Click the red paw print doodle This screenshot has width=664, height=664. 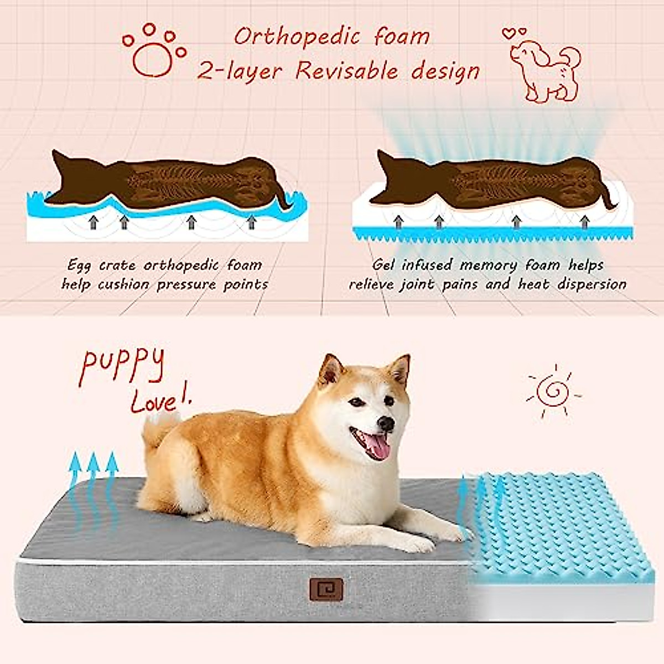154,51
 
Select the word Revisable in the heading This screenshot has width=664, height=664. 346,71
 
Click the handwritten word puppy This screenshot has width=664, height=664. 122,366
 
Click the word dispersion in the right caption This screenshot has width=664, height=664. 592,285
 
